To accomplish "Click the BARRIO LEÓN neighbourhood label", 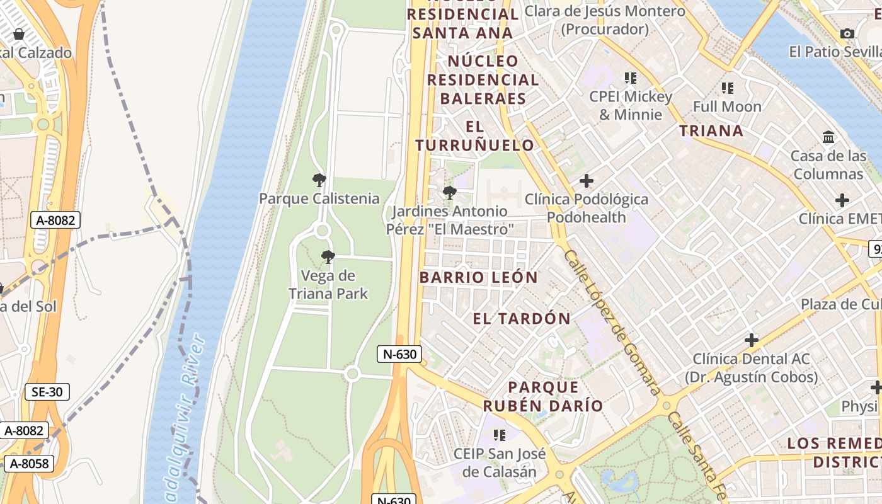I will point(479,277).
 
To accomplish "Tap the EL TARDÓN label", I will point(522,319).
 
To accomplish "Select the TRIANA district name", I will point(711,131).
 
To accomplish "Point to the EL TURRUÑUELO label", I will point(475,136).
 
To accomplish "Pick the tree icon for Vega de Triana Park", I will point(328,257).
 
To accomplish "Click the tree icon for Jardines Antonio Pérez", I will point(449,193).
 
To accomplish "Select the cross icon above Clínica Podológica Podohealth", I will point(587,181).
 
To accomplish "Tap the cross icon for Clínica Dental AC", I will point(751,340).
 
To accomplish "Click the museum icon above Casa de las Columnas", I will point(828,137).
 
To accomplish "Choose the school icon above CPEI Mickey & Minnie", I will point(631,78).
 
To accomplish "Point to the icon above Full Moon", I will point(728,88).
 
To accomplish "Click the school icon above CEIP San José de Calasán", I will point(500,435).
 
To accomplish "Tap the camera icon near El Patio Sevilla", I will point(847,33).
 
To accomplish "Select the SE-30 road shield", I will point(47,392).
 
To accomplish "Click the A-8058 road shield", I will point(29,464).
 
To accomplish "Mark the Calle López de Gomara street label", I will point(611,321).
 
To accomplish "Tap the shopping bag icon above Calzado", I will point(19,34).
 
